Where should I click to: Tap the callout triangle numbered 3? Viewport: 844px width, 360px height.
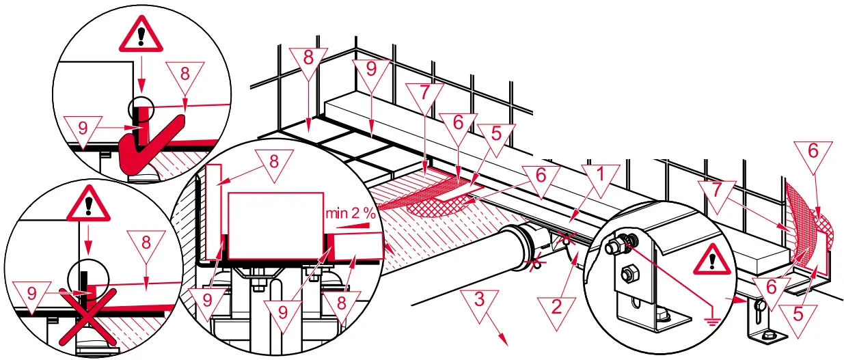coord(479,301)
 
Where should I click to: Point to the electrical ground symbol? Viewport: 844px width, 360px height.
coord(714,318)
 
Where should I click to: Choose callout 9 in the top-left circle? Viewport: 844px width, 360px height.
coord(81,128)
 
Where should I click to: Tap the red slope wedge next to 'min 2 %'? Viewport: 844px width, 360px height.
coord(355,225)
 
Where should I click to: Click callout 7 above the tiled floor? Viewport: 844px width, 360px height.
coord(424,94)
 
